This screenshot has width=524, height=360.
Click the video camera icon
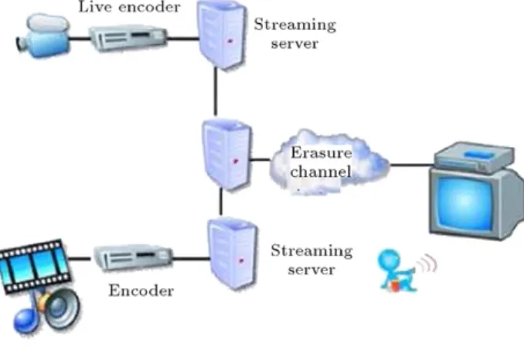[x=43, y=36]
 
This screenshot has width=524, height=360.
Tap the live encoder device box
[x=128, y=37]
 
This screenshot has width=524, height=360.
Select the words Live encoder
[x=129, y=7]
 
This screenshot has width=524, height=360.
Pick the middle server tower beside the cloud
[x=227, y=155]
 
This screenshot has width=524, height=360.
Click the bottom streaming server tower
[x=233, y=253]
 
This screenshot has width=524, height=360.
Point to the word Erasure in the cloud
[x=322, y=153]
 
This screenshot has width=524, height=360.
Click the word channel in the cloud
[x=321, y=172]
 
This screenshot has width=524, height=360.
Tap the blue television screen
[x=465, y=202]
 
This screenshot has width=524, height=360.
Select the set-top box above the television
[x=475, y=158]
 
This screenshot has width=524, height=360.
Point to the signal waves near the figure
[x=427, y=263]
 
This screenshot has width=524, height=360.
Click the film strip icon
[x=35, y=267]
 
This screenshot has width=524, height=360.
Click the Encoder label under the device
[x=141, y=290]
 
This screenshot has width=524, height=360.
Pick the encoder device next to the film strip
[x=133, y=257]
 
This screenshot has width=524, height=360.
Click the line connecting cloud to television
[x=412, y=165]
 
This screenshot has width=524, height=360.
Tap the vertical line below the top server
[x=216, y=91]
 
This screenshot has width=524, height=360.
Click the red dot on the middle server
[x=236, y=161]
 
